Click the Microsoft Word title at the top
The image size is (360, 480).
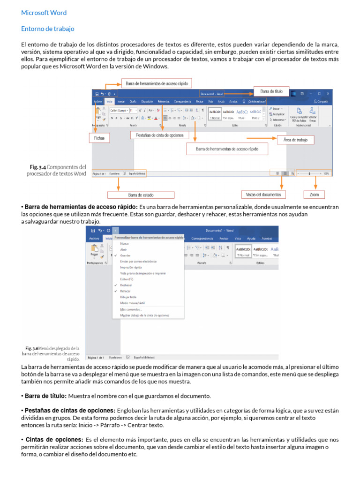click(44, 13)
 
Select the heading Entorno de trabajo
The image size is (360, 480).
click(48, 29)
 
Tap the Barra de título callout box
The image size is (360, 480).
click(271, 91)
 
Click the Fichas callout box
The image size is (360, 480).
click(99, 138)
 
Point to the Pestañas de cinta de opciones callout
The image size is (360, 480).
click(159, 135)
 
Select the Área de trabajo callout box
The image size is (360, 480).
click(295, 140)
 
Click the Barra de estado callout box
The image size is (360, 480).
click(141, 195)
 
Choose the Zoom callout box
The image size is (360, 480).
click(314, 194)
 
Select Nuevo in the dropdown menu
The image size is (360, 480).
click(124, 244)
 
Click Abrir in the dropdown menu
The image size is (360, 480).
click(124, 250)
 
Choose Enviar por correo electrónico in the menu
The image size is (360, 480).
click(138, 262)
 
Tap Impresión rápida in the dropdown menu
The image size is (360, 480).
click(131, 267)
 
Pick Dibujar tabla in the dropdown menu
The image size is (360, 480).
click(128, 297)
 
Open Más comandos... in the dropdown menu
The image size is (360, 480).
click(131, 309)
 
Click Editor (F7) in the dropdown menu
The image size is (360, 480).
click(127, 279)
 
